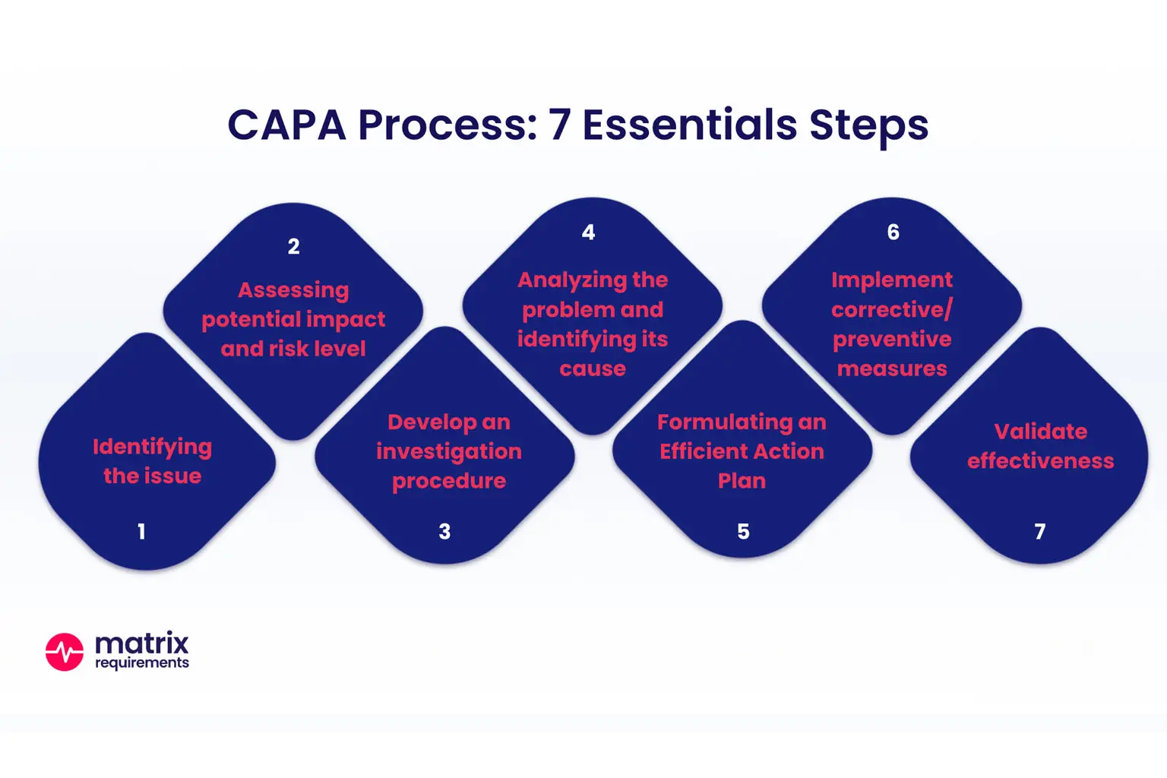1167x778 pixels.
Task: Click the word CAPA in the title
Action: coord(286,125)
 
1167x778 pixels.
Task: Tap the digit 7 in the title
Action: coord(559,125)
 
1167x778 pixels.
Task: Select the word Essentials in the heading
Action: coord(689,125)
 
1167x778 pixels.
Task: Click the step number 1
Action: coord(141,532)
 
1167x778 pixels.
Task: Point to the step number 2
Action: coord(294,246)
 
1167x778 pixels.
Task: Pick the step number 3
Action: coord(444,532)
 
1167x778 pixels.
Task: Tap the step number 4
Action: coord(588,232)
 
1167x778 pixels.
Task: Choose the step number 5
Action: coord(743,532)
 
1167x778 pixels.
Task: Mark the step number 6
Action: coord(893,232)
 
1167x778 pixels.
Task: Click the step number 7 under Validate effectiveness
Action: coord(1040,532)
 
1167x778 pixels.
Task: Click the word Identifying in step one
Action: coord(152,447)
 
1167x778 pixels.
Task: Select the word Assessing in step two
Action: coord(293,290)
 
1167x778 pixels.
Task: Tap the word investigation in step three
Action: coord(449,452)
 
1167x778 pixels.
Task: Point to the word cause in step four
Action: coord(593,369)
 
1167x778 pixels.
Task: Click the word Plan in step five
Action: coord(742,481)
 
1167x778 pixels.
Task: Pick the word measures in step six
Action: coord(892,369)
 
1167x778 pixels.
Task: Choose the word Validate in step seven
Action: coord(1041,432)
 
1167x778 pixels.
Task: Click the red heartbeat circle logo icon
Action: coord(65,652)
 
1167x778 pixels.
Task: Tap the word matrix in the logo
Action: coord(141,644)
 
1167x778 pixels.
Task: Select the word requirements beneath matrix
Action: coord(141,663)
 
